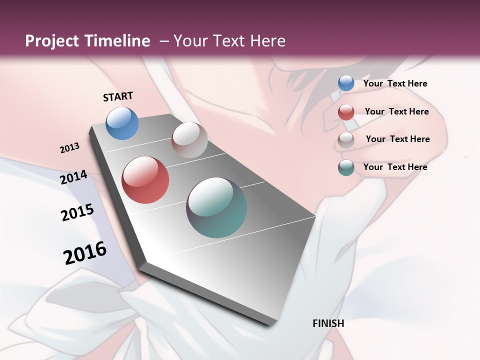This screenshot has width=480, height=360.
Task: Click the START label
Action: pyautogui.click(x=118, y=96)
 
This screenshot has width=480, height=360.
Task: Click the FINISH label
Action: pyautogui.click(x=328, y=323)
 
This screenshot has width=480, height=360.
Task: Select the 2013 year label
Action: pyautogui.click(x=70, y=148)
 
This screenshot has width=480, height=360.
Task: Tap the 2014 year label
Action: pyautogui.click(x=74, y=177)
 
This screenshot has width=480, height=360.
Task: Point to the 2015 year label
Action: pyautogui.click(x=77, y=212)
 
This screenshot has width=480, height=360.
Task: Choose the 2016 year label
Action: pyautogui.click(x=85, y=252)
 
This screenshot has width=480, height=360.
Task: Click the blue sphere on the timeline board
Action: pyautogui.click(x=122, y=123)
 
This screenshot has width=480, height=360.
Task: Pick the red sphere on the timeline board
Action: pyautogui.click(x=145, y=180)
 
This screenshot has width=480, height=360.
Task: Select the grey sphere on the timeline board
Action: pyautogui.click(x=189, y=140)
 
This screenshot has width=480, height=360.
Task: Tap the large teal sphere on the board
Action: pyautogui.click(x=216, y=207)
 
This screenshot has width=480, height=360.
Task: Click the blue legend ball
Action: pyautogui.click(x=346, y=83)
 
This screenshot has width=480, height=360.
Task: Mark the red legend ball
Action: pyautogui.click(x=346, y=112)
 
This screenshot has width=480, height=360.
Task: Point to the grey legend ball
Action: pyautogui.click(x=346, y=139)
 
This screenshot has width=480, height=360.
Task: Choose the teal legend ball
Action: pyautogui.click(x=346, y=167)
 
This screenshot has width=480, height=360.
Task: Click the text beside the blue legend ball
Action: pyautogui.click(x=395, y=83)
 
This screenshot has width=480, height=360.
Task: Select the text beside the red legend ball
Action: pyautogui.click(x=396, y=111)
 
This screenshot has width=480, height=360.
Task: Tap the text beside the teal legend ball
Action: pyautogui.click(x=395, y=167)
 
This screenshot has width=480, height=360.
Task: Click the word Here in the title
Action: pyautogui.click(x=267, y=41)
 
